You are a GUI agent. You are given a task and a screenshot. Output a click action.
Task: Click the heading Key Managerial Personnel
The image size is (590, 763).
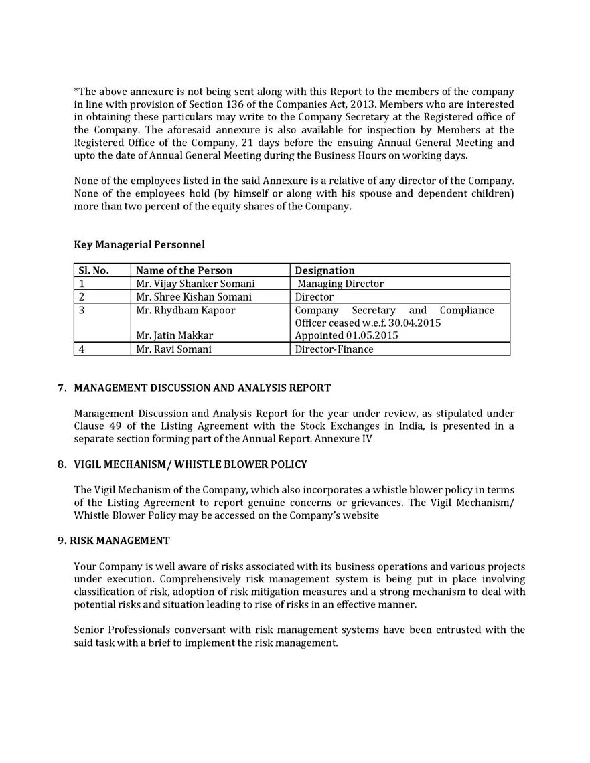point(139,245)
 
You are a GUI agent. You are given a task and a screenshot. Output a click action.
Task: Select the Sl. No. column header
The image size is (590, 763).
point(94,270)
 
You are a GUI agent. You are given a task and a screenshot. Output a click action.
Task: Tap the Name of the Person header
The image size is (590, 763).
point(184,270)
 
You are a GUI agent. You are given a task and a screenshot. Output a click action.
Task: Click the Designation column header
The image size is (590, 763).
point(325,270)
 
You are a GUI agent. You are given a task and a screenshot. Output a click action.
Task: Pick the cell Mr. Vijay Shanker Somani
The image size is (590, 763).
point(195,284)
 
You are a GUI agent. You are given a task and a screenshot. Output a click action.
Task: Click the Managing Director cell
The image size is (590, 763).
point(341,284)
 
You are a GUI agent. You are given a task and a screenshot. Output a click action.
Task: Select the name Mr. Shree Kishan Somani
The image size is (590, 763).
point(194,296)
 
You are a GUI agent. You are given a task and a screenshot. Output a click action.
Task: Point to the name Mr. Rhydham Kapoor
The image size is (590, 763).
point(186,310)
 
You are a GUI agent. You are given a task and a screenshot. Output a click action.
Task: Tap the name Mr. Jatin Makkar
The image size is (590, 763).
point(175,336)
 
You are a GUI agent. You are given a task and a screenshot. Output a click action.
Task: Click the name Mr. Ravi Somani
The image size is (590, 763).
point(173,349)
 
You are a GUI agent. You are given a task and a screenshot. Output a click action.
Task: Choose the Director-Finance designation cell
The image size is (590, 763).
point(334,349)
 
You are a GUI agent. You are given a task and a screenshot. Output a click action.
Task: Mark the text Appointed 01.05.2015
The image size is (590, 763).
point(346,336)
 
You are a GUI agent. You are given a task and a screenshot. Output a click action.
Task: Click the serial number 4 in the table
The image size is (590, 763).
point(82,349)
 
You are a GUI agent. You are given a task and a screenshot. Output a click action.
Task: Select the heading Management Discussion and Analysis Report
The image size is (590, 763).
point(202,388)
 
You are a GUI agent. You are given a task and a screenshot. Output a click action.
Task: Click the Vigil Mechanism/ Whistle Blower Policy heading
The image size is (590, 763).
point(190,464)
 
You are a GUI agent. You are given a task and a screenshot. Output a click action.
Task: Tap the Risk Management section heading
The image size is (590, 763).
point(120,540)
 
